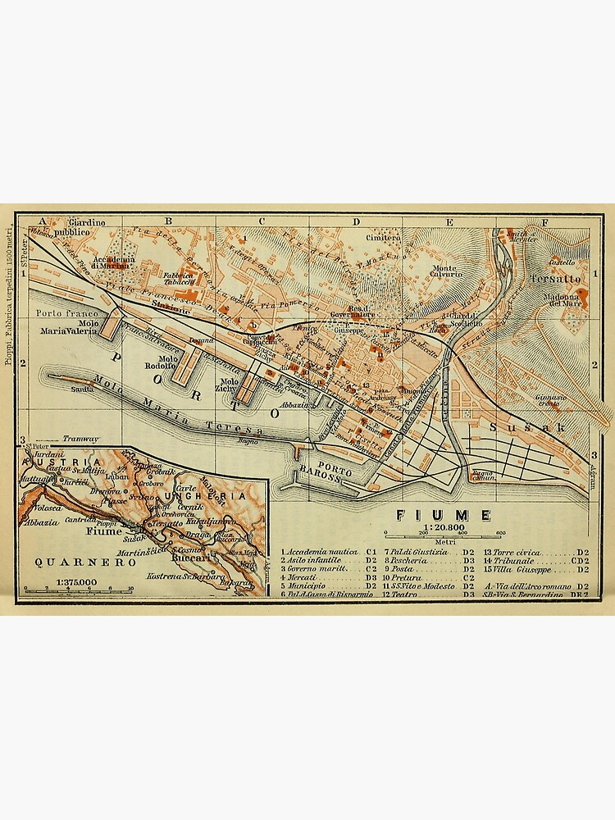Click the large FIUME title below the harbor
[444, 515]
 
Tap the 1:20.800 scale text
[444, 527]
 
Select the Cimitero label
[383, 238]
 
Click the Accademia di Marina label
[113, 262]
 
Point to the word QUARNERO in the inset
[61, 563]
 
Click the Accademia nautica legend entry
[320, 553]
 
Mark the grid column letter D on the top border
[356, 221]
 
